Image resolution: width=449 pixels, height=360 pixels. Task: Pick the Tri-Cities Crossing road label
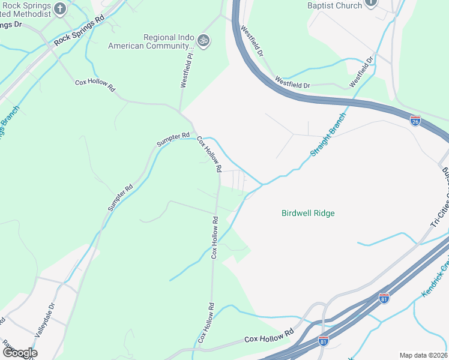pyautogui.click(x=441, y=198)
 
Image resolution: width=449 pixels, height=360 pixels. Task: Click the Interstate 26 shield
pyautogui.click(x=415, y=121)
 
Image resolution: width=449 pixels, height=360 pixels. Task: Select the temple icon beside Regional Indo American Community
pyautogui.click(x=203, y=40)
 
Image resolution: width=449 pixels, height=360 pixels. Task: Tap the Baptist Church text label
pyautogui.click(x=334, y=5)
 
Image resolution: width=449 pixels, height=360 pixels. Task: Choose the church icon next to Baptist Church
pyautogui.click(x=370, y=3)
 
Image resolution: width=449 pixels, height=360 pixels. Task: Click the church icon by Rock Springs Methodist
pyautogui.click(x=59, y=8)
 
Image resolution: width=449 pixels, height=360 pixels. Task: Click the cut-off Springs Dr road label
pyautogui.click(x=11, y=25)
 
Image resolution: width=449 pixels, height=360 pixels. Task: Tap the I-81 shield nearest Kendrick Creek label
pyautogui.click(x=384, y=297)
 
